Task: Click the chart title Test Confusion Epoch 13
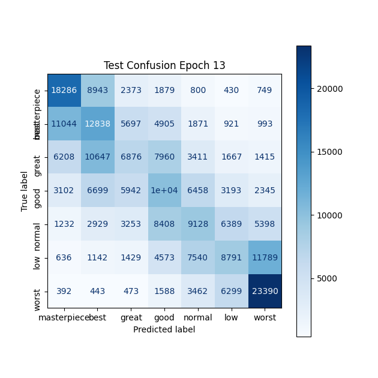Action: coord(164,65)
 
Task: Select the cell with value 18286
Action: coord(63,90)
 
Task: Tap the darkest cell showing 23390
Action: coord(265,291)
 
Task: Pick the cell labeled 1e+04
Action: coord(164,191)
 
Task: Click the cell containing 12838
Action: coord(97,124)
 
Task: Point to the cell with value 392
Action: coord(63,291)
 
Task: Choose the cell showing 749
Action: coord(265,90)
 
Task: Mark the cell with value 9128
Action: coord(197,224)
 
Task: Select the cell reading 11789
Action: coord(265,257)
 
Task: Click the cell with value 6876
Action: coord(130,157)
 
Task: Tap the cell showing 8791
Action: coord(231,257)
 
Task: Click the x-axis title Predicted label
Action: coord(164,329)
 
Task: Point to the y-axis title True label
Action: coord(25,191)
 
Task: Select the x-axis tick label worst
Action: coord(265,317)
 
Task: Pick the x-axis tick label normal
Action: coord(197,317)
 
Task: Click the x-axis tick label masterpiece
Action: coord(63,317)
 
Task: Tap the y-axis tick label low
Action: coord(37,257)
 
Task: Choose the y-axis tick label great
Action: coord(37,157)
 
